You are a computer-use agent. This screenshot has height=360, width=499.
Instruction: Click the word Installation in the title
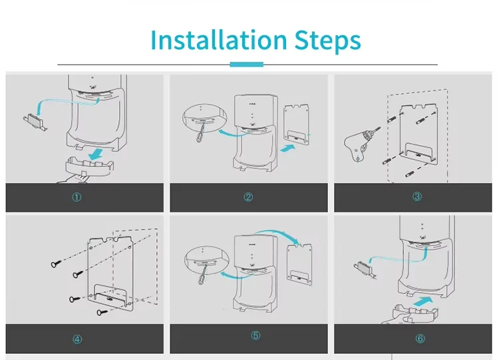coord(219,40)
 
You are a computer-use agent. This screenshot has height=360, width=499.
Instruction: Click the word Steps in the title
coord(327,41)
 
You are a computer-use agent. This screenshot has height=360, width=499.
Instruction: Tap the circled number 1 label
coord(77,198)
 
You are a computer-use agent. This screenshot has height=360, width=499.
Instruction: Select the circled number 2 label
coord(248,197)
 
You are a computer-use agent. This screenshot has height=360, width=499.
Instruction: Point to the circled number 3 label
coord(417,196)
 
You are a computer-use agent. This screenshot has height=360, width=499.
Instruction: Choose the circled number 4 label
coord(77,339)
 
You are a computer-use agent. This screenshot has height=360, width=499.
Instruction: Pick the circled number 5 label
coord(255,335)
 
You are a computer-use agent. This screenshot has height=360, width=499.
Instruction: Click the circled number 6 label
coord(420,338)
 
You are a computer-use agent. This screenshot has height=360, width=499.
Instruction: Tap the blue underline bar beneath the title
coord(247,65)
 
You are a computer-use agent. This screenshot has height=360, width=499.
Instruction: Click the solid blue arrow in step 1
coord(96,154)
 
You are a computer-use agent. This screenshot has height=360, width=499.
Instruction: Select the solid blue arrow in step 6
coord(424,301)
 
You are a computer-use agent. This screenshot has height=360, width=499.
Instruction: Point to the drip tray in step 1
coord(89,166)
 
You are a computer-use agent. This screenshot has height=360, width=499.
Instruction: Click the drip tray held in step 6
coord(415,313)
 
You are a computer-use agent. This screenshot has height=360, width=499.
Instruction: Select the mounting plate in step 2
coord(297,124)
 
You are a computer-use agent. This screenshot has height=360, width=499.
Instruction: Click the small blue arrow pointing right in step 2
coord(288,148)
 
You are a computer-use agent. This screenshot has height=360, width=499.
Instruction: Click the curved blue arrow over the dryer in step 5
coord(277,235)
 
